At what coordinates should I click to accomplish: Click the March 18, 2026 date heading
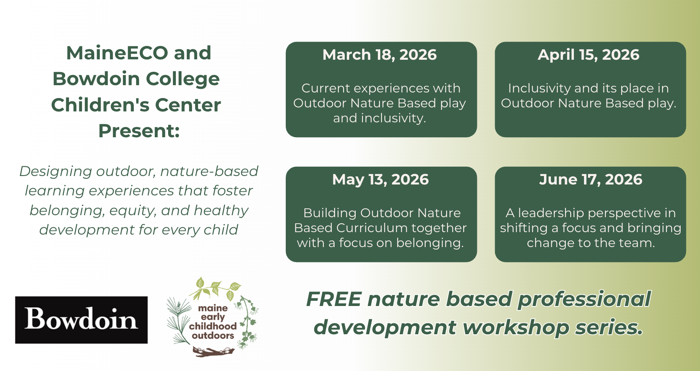tap(380, 55)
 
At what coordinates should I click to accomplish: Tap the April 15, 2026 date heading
tap(588, 55)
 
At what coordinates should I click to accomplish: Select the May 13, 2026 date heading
tap(380, 180)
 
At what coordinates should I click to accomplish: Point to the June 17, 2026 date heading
tap(590, 180)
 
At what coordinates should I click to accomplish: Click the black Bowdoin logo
tap(81, 320)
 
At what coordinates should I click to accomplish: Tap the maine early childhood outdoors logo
tap(213, 317)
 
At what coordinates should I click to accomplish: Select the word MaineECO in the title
tap(117, 53)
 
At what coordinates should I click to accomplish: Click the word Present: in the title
tap(139, 131)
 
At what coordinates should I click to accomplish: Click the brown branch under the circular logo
tap(213, 352)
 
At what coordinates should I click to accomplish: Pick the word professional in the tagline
tap(584, 300)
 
